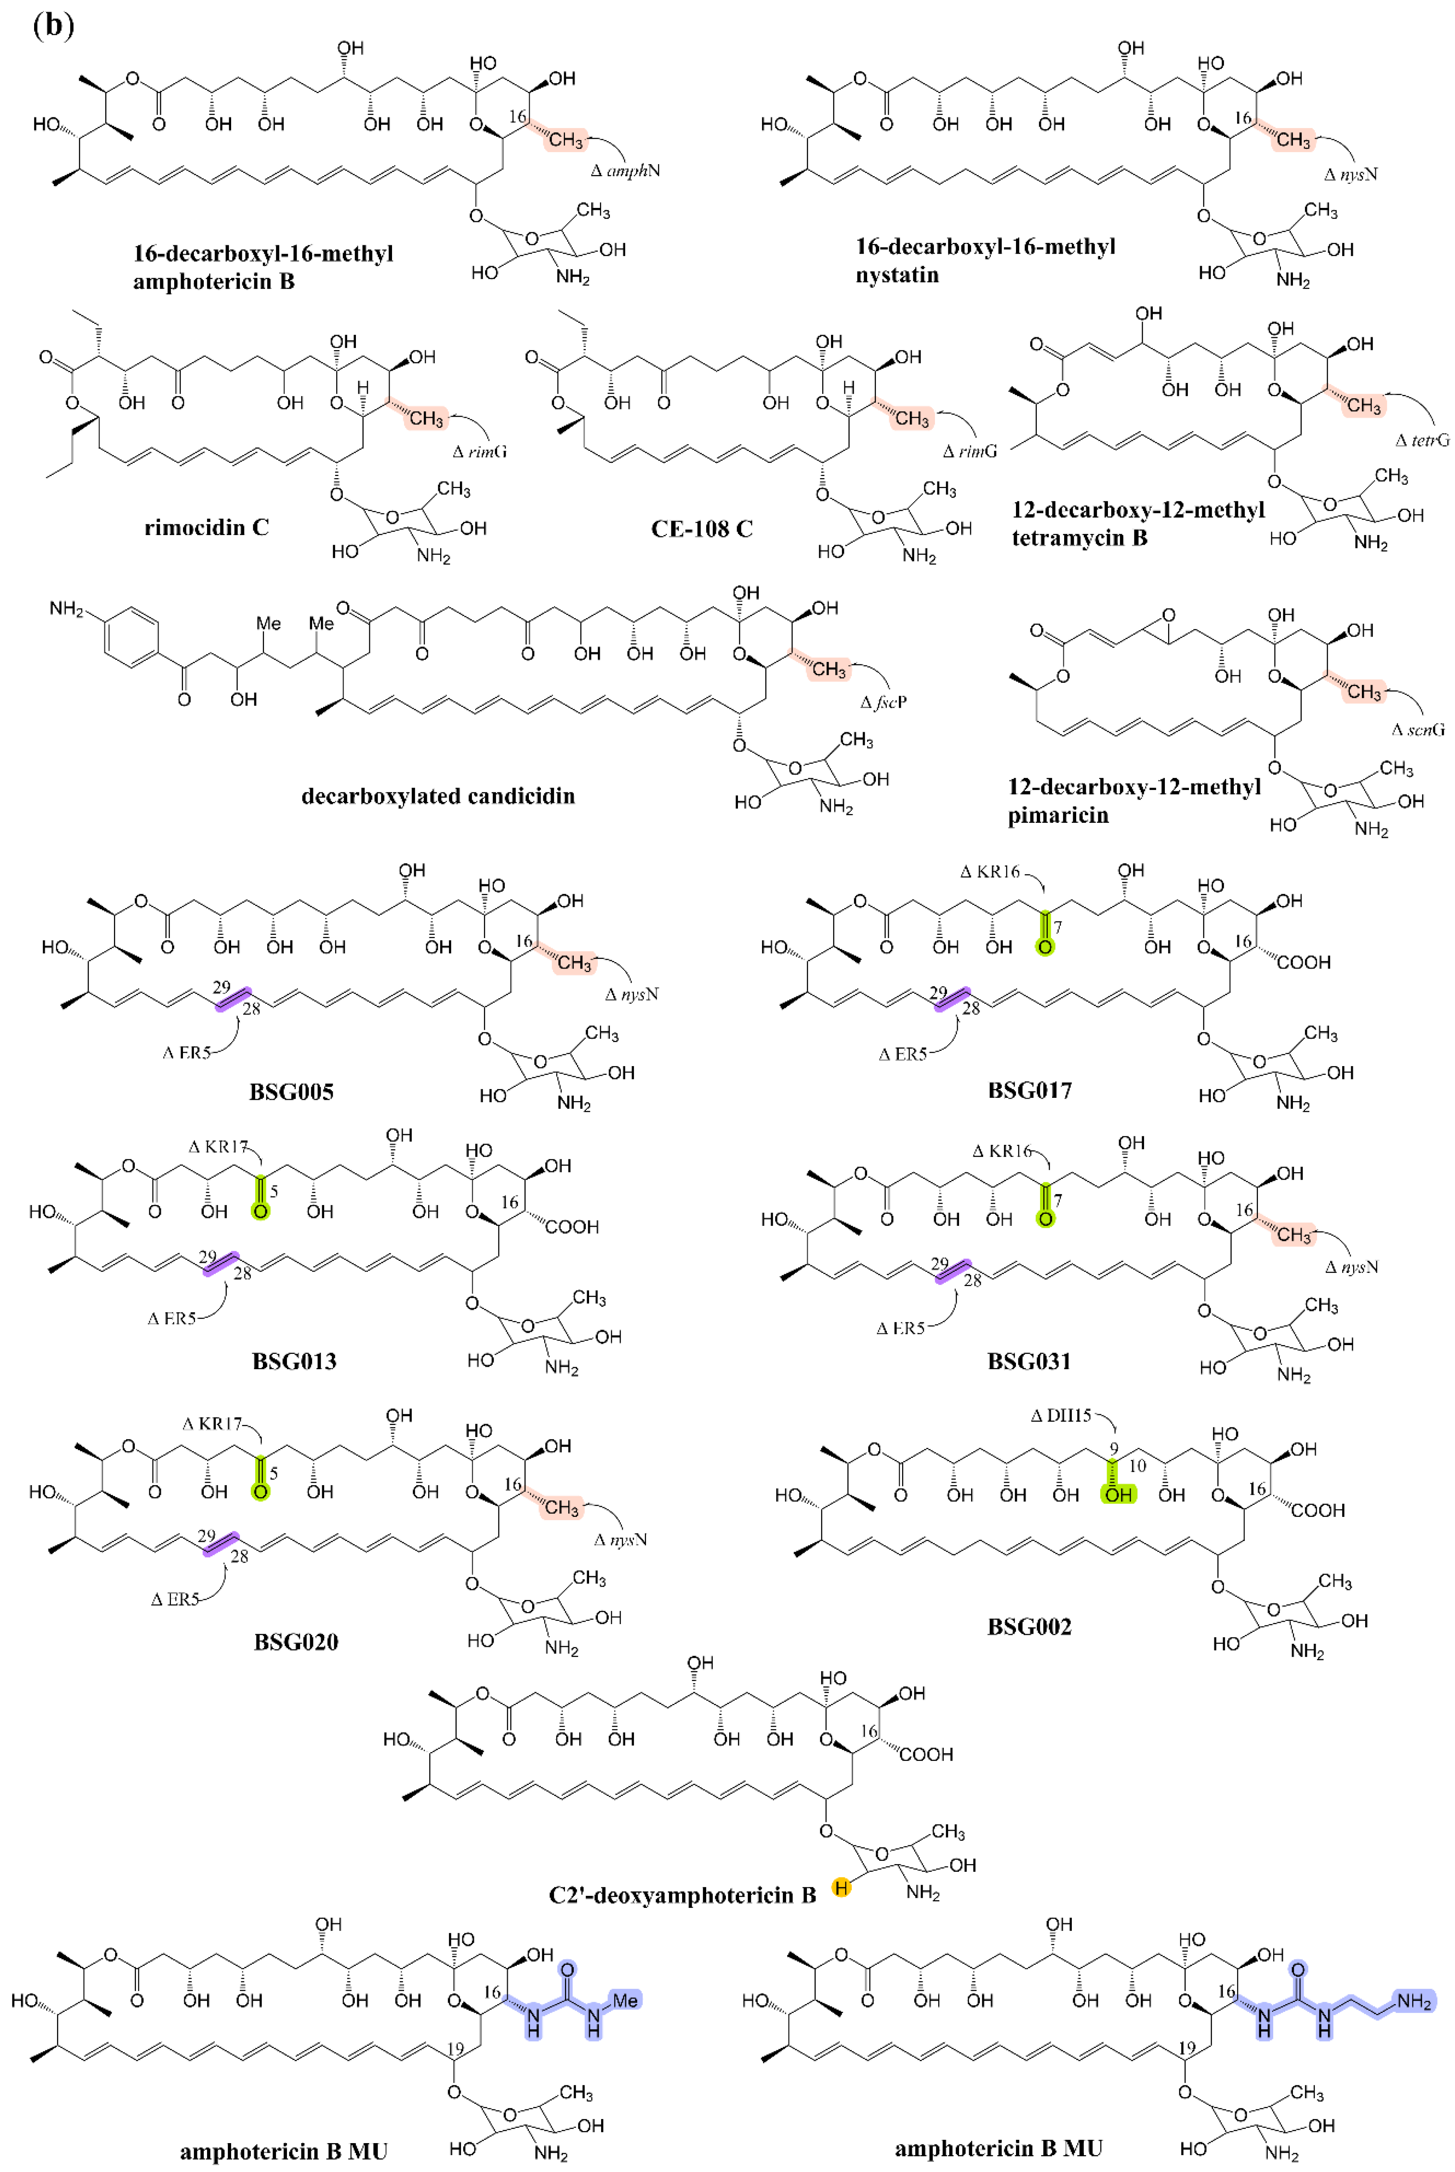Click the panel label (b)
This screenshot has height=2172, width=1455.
click(x=53, y=25)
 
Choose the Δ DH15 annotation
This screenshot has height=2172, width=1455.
click(x=1061, y=1415)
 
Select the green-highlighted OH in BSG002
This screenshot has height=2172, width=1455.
click(x=1118, y=1494)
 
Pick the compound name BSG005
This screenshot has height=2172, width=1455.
click(x=291, y=1091)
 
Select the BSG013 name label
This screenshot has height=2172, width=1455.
click(x=294, y=1362)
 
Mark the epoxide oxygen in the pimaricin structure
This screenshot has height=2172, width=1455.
click(x=1168, y=615)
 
